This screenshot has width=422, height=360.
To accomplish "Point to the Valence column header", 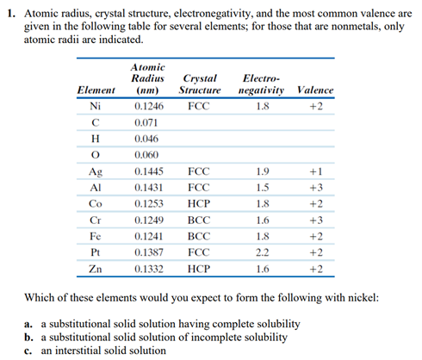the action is tap(314, 90).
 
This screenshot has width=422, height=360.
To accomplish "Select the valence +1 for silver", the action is tap(314, 172).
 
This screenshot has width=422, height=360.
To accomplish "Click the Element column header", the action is tap(96, 90).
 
